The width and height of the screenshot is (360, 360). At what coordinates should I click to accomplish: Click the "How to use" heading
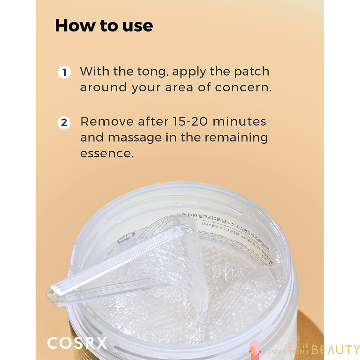(x=104, y=26)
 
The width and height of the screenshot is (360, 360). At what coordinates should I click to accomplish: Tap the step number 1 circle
(x=64, y=72)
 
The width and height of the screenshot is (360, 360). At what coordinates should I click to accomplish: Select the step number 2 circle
(x=64, y=123)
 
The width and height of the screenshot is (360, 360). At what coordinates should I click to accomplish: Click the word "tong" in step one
(x=152, y=72)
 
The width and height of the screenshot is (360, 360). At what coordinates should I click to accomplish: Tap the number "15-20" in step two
(x=190, y=122)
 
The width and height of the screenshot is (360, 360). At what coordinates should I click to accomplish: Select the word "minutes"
(x=239, y=122)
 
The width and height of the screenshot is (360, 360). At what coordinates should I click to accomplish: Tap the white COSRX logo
(x=77, y=343)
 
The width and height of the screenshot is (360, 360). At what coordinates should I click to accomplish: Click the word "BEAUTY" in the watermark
(x=335, y=350)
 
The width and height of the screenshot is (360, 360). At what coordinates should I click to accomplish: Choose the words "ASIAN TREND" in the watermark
(x=288, y=352)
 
